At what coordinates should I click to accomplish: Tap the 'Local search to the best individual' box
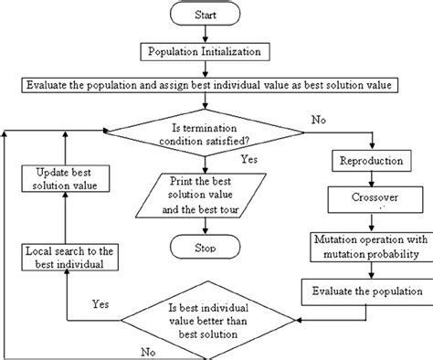coord(63,257)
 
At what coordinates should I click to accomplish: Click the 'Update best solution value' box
coord(63,179)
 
